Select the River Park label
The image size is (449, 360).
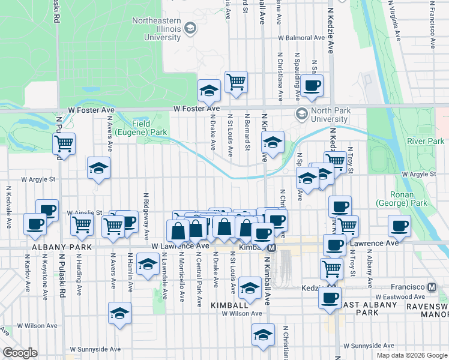pyautogui.click(x=424, y=141)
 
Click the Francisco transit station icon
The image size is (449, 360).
pyautogui.click(x=430, y=287)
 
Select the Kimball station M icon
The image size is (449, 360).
pyautogui.click(x=271, y=247)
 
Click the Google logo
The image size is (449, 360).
pyautogui.click(x=20, y=353)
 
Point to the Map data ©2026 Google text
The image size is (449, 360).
pyautogui.click(x=412, y=355)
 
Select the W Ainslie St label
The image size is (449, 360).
pyautogui.click(x=85, y=212)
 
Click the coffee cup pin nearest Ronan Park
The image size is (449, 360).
pyautogui.click(x=400, y=226)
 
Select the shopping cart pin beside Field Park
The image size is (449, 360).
pyautogui.click(x=64, y=144)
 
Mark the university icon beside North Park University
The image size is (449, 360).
pyautogui.click(x=301, y=113)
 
